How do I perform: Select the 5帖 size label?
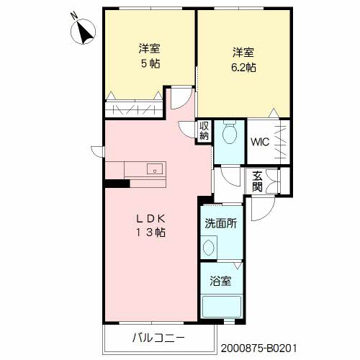point(150,63)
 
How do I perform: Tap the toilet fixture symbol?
point(230,133)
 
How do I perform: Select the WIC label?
point(259,141)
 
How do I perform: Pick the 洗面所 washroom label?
point(220,223)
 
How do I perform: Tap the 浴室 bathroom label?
point(221,282)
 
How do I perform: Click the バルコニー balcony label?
point(158,338)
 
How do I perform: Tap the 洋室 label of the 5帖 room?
point(150,49)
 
